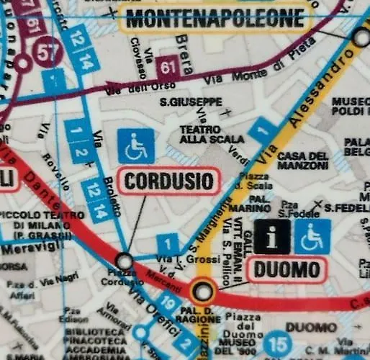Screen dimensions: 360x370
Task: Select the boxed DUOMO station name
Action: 286,271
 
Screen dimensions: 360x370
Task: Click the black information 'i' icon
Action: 271,236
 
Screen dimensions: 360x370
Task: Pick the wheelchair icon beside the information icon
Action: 312,236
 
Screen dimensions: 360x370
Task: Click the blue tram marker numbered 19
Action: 167,304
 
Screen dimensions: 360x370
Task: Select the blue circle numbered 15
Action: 279,343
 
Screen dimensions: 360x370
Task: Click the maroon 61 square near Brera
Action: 168,68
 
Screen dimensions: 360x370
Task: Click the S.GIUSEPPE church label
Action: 191,102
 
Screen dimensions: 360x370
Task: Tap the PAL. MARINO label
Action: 258,202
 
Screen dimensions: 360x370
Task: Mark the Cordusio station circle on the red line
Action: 125,260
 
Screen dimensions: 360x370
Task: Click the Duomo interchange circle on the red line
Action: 204,292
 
